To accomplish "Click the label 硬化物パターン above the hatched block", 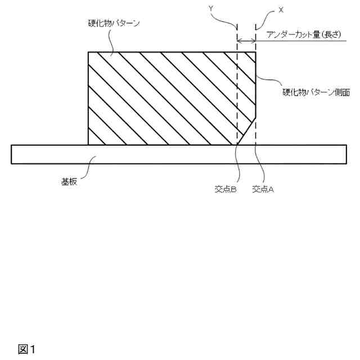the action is [x=114, y=24].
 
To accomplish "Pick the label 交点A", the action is [x=263, y=190].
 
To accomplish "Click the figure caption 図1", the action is [x=26, y=349].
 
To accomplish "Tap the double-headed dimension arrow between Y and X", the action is [x=247, y=41].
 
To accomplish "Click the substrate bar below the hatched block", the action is [x=169, y=154].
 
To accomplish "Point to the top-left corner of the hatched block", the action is [x=89, y=52].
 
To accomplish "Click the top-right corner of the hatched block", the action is [x=256, y=52].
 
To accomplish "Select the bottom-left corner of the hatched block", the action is [x=89, y=145].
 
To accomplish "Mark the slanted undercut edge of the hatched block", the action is [x=247, y=131].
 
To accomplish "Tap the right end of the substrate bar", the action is [x=345, y=154].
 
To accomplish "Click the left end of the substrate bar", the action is [x=12, y=154].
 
